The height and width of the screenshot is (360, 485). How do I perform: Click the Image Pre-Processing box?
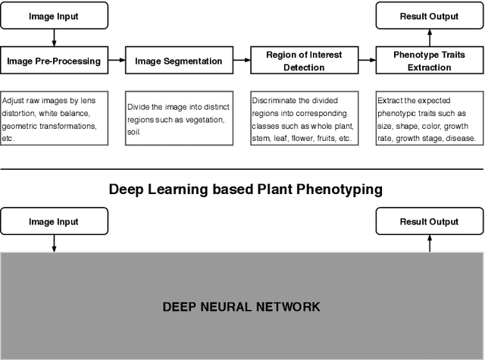pyautogui.click(x=54, y=61)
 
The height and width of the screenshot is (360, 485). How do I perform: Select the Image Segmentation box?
pyautogui.click(x=179, y=61)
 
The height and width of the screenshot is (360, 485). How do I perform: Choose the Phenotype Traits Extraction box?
pyautogui.click(x=429, y=61)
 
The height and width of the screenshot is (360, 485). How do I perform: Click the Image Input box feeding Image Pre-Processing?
pyautogui.click(x=54, y=15)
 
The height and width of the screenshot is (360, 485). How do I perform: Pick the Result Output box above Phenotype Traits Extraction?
pyautogui.click(x=429, y=15)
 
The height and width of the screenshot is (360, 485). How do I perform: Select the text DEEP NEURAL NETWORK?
pyautogui.click(x=242, y=307)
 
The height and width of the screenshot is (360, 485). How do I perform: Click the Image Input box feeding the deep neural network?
pyautogui.click(x=54, y=222)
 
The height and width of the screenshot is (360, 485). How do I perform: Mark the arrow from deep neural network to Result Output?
pyautogui.click(x=429, y=243)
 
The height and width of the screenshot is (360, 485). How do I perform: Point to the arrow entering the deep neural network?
pyautogui.click(x=54, y=243)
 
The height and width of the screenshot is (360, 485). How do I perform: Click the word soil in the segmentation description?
pyautogui.click(x=137, y=132)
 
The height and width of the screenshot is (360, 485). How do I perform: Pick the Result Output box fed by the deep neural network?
pyautogui.click(x=429, y=222)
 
